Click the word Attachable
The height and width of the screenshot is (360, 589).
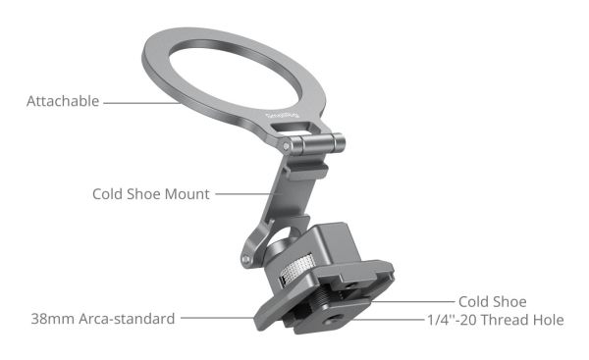pyautogui.click(x=63, y=101)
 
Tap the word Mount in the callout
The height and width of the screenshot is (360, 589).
pyautogui.click(x=187, y=194)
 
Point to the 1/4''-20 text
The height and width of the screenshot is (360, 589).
pyautogui.click(x=453, y=320)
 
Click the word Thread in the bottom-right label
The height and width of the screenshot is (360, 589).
pyautogui.click(x=505, y=320)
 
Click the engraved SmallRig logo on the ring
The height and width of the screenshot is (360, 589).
pyautogui.click(x=282, y=116)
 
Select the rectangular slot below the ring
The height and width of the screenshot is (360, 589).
pyautogui.click(x=292, y=128)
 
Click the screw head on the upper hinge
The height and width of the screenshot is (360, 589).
pyautogui.click(x=287, y=145)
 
